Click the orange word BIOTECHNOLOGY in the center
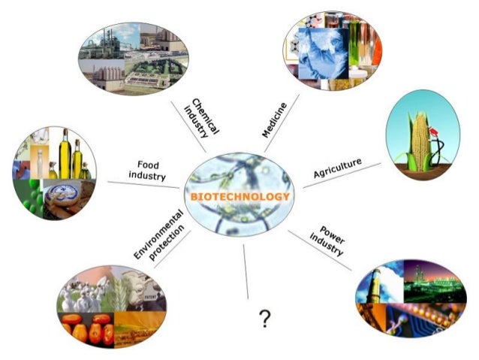pyautogui.click(x=239, y=197)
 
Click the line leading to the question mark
pyautogui.click(x=246, y=271)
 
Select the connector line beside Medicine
pyautogui.click(x=283, y=120)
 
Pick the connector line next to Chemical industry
pyautogui.click(x=188, y=124)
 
